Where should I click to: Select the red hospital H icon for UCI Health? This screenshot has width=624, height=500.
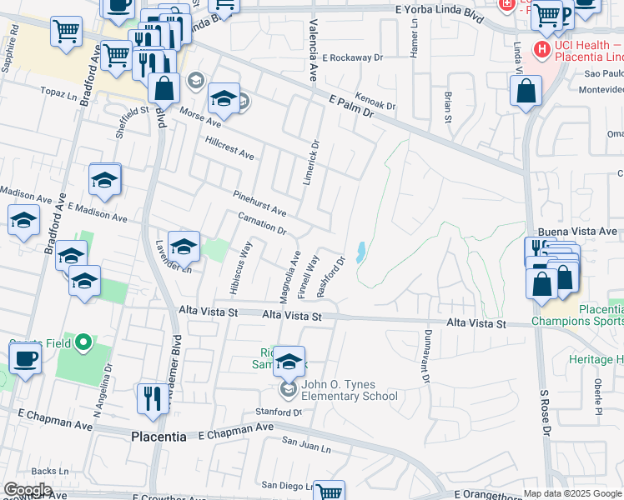click(542, 51)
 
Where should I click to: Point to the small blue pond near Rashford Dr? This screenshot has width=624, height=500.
click(360, 252)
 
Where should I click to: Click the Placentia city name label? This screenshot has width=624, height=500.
click(164, 436)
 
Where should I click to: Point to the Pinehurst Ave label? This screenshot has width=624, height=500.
click(259, 202)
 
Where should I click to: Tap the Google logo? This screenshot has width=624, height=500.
click(28, 490)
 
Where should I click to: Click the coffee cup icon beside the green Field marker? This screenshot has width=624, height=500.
click(25, 360)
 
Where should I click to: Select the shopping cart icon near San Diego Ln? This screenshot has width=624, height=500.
click(329, 492)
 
